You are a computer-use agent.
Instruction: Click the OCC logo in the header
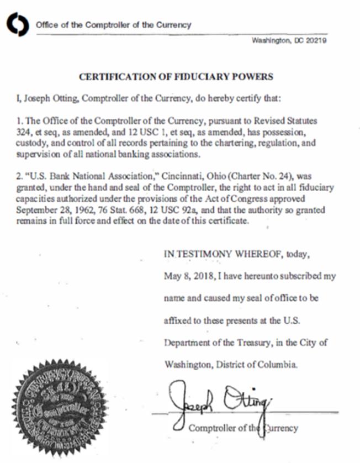click(x=18, y=25)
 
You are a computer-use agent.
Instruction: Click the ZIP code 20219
click(x=316, y=41)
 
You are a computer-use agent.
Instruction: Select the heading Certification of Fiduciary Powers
click(x=176, y=77)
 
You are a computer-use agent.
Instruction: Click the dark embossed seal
click(x=60, y=407)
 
